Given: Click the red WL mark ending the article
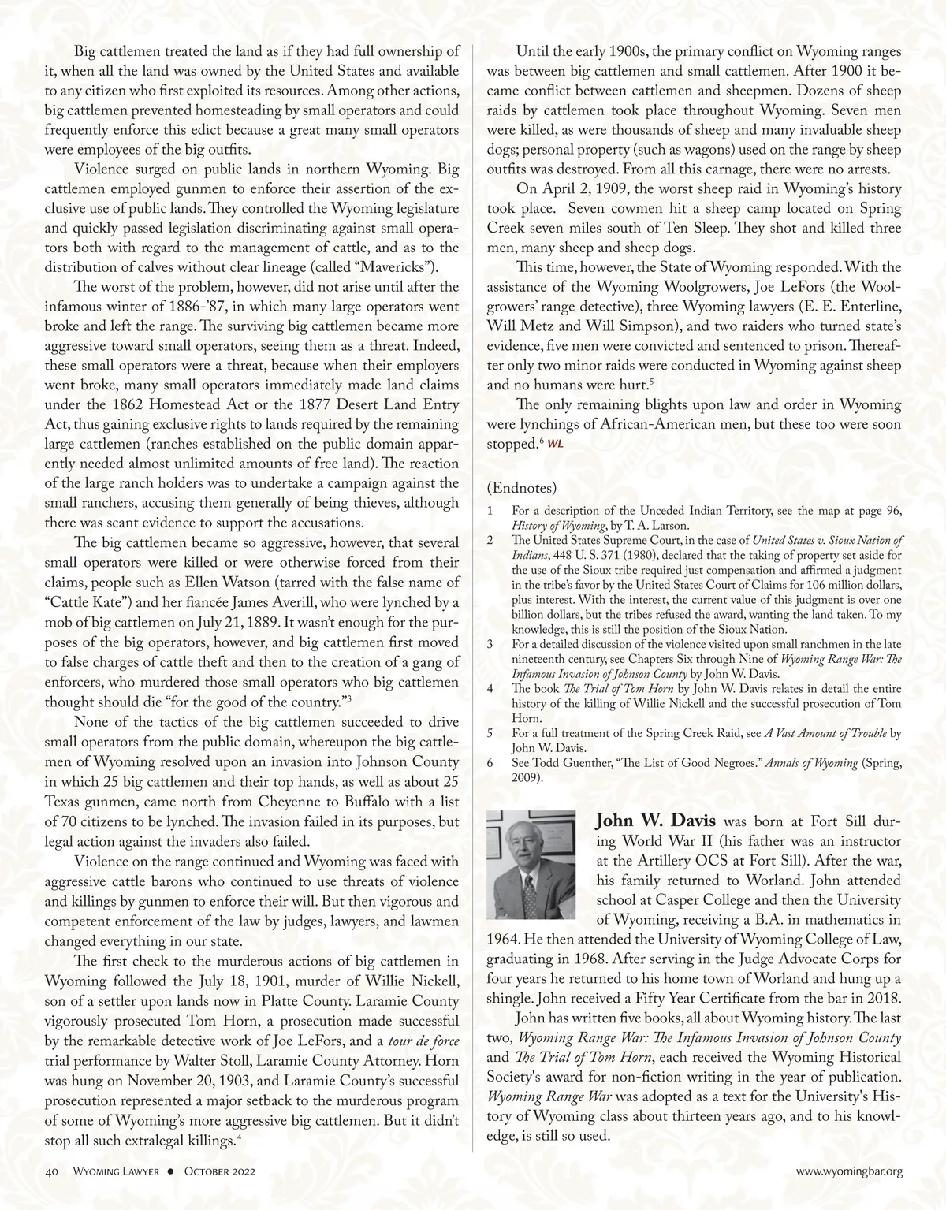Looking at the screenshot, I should [556, 444].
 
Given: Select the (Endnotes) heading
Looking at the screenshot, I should [522, 486].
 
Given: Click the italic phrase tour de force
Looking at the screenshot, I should [430, 1041].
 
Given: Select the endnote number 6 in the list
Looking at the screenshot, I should [490, 763].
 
